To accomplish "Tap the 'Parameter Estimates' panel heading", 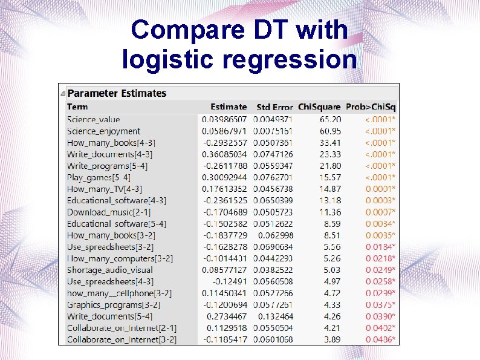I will (x=117, y=93).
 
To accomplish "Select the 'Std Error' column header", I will (x=274, y=107).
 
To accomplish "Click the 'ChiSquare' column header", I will (x=319, y=107).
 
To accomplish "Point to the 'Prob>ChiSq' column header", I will (x=371, y=107).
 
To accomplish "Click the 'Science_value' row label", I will (x=94, y=120).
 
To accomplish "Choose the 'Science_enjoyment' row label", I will (x=104, y=131).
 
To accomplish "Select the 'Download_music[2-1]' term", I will (x=109, y=212).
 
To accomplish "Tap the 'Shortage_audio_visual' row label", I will (x=110, y=270).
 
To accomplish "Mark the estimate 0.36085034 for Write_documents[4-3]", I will (x=224, y=154).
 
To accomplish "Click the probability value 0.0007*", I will (x=380, y=212).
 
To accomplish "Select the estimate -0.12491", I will (x=230, y=281).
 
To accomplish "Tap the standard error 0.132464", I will (x=276, y=316).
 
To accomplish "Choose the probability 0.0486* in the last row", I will (x=380, y=339).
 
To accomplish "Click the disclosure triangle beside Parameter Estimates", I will (x=63, y=93).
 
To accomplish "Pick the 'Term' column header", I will (x=77, y=107).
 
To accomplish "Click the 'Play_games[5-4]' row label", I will (x=99, y=177).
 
